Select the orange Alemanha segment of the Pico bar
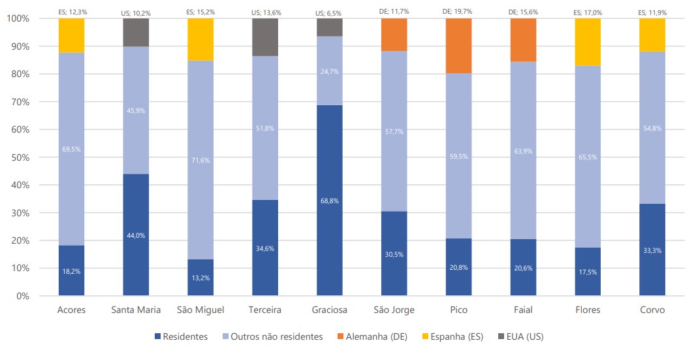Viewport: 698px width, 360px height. coord(458,46)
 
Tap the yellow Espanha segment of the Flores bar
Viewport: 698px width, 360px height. coord(588,42)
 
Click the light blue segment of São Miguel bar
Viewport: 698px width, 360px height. coord(200,159)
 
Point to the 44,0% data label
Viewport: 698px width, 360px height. coord(136,235)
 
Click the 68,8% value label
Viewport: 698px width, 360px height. coord(329,200)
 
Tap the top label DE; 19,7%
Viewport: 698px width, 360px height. coord(458,11)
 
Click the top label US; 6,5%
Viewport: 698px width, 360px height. coord(329,12)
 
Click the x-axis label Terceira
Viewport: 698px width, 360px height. coord(264,310)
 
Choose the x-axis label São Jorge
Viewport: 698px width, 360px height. coord(394,310)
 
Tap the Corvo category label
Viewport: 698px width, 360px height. coord(652,310)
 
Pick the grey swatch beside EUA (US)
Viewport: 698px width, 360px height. coord(501,336)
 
